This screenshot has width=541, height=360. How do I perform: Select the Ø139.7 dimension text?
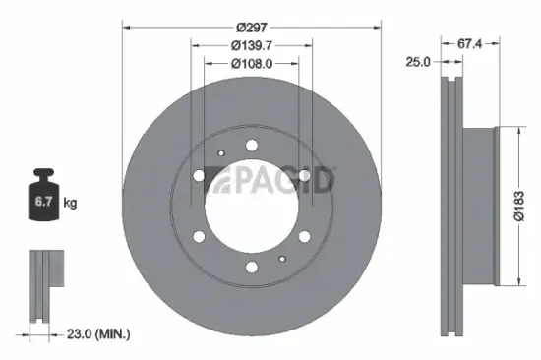pyautogui.click(x=252, y=44)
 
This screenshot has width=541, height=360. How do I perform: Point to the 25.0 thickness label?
pyautogui.click(x=419, y=61)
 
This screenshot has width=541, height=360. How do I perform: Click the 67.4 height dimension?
pyautogui.click(x=470, y=41)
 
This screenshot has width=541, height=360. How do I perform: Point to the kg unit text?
pyautogui.click(x=71, y=203)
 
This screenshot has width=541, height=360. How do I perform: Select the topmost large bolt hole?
pyautogui.click(x=252, y=146)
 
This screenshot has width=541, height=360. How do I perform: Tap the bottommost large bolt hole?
pyautogui.click(x=252, y=268)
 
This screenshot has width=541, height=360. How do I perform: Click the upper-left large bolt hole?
pyautogui.click(x=199, y=176)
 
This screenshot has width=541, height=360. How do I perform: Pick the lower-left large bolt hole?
pyautogui.click(x=199, y=237)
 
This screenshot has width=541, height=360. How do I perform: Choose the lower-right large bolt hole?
pyautogui.click(x=305, y=237)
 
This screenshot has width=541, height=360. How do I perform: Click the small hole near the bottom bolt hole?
pyautogui.click(x=281, y=259)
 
